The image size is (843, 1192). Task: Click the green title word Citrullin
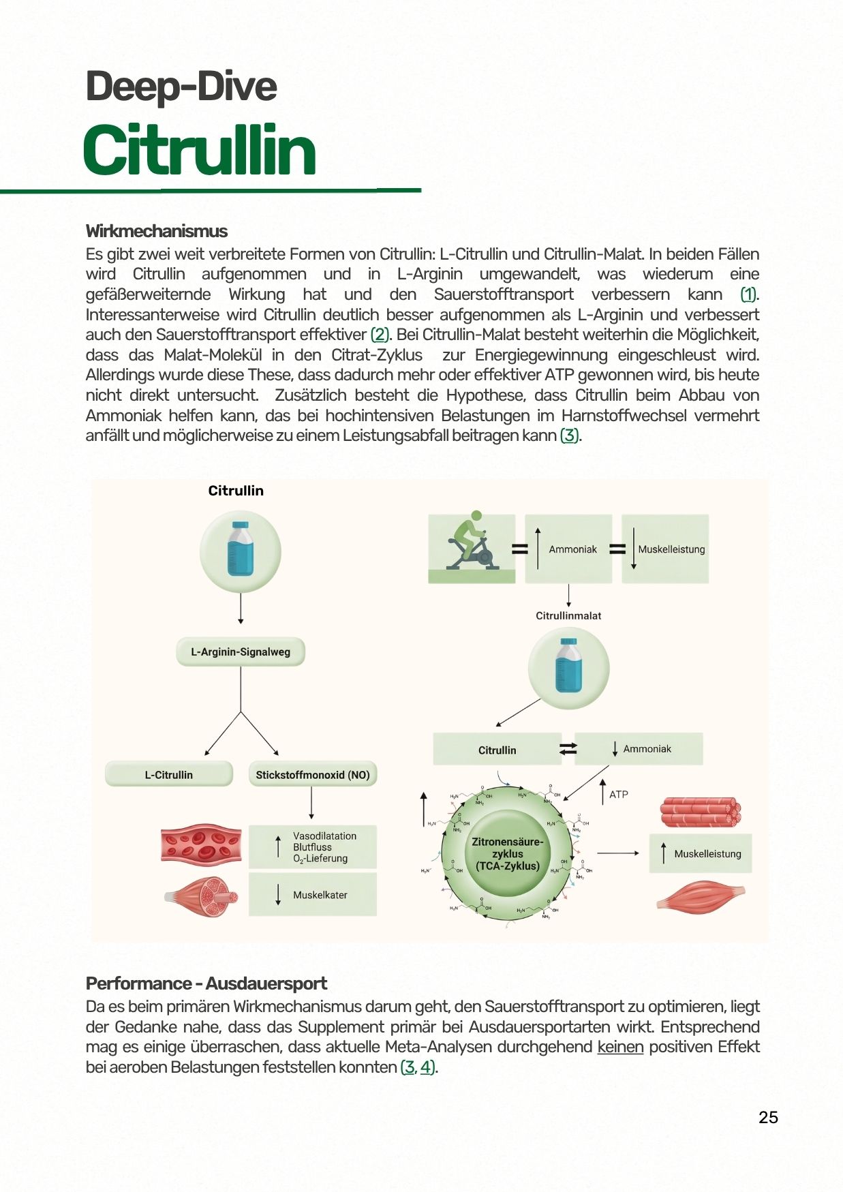pyautogui.click(x=199, y=151)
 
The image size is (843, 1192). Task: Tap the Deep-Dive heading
pyautogui.click(x=181, y=87)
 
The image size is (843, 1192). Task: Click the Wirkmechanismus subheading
pyautogui.click(x=156, y=231)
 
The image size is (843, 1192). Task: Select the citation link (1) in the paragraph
pyautogui.click(x=748, y=294)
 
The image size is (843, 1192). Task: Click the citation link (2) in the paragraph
pyautogui.click(x=380, y=335)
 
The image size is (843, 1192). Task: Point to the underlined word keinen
pyautogui.click(x=620, y=1047)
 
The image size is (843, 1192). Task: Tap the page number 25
pyautogui.click(x=768, y=1117)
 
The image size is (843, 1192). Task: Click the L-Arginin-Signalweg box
pyautogui.click(x=241, y=652)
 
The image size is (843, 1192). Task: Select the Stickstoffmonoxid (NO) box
pyautogui.click(x=313, y=775)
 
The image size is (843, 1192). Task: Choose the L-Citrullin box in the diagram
pyautogui.click(x=168, y=775)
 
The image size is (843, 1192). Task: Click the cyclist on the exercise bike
pyautogui.click(x=471, y=543)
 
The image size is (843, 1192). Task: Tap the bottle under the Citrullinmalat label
pyautogui.click(x=568, y=666)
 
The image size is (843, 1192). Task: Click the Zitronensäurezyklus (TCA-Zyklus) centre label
pyautogui.click(x=508, y=853)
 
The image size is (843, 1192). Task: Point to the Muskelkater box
pyautogui.click(x=320, y=895)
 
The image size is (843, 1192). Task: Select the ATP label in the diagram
pyautogui.click(x=618, y=795)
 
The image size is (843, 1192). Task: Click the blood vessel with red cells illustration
pyautogui.click(x=201, y=845)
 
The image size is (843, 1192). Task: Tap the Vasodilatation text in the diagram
pyautogui.click(x=324, y=836)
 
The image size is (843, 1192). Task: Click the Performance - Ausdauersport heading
pyautogui.click(x=206, y=983)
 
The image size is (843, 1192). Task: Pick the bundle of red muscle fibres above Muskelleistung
pyautogui.click(x=700, y=812)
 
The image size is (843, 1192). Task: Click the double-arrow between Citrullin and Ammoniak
pyautogui.click(x=568, y=749)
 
